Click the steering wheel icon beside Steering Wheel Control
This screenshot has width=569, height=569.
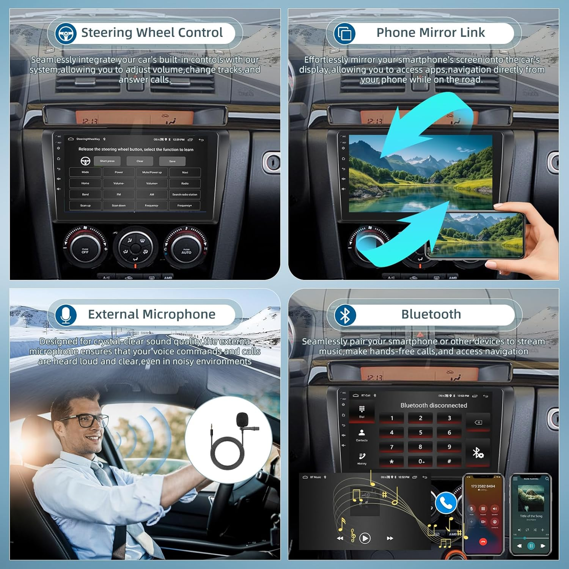66,33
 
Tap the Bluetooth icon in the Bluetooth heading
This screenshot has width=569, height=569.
345,315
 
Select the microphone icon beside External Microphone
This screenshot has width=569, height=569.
66,315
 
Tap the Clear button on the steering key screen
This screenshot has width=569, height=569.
140,161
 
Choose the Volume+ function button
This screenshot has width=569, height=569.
152,184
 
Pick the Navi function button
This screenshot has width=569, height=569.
185,173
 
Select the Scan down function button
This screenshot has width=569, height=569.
119,206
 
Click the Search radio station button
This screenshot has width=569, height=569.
185,195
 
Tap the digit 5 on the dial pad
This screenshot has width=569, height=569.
420,432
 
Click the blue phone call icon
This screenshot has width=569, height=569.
446,503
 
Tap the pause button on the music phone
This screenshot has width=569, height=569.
531,546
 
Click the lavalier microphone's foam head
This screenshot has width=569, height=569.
242,419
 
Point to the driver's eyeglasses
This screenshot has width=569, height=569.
84,420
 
